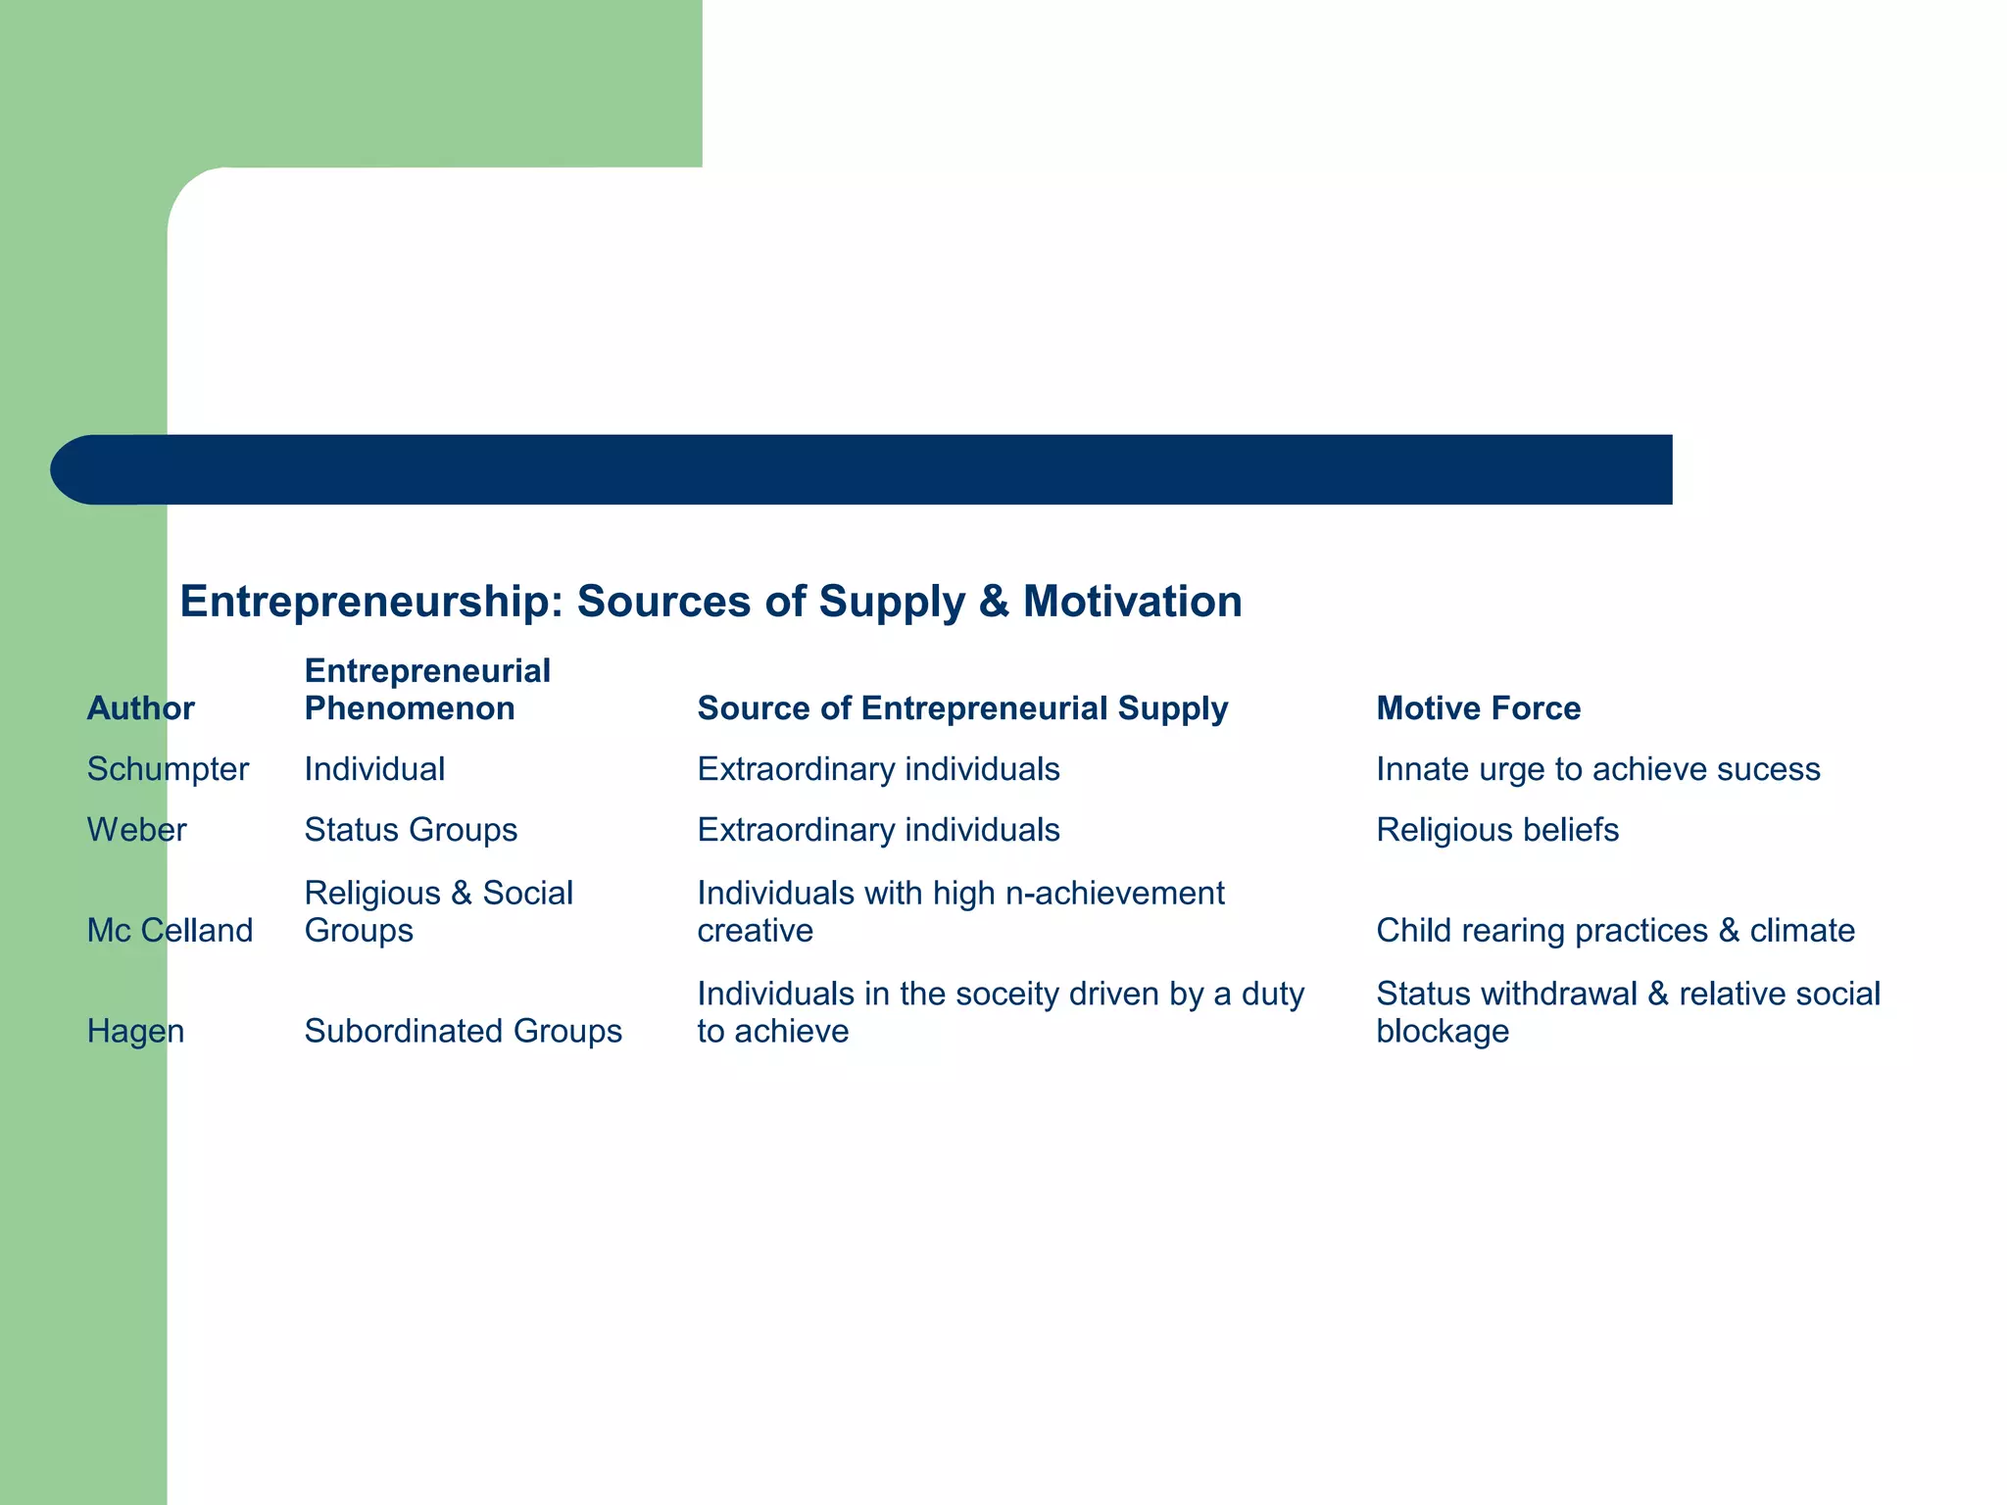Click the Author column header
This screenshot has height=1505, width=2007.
click(140, 708)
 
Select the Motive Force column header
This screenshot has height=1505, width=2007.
click(1478, 708)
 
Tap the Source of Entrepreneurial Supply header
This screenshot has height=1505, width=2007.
click(961, 708)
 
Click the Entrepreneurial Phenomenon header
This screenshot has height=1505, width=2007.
click(427, 690)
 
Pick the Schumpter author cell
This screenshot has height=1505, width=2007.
click(168, 769)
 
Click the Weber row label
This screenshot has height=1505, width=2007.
click(136, 830)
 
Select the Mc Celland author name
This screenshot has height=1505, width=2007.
click(170, 930)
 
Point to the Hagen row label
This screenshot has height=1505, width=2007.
click(135, 1031)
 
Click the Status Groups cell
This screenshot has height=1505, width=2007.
click(411, 830)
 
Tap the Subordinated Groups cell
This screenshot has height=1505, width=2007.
click(463, 1031)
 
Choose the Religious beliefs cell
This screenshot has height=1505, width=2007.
click(1496, 830)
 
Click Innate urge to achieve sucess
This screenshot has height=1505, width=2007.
click(1597, 769)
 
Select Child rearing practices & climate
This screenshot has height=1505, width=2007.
click(1615, 930)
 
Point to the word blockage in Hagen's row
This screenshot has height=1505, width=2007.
click(1442, 1031)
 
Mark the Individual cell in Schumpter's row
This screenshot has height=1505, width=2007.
click(374, 769)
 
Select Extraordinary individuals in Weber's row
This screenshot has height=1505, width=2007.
click(878, 830)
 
